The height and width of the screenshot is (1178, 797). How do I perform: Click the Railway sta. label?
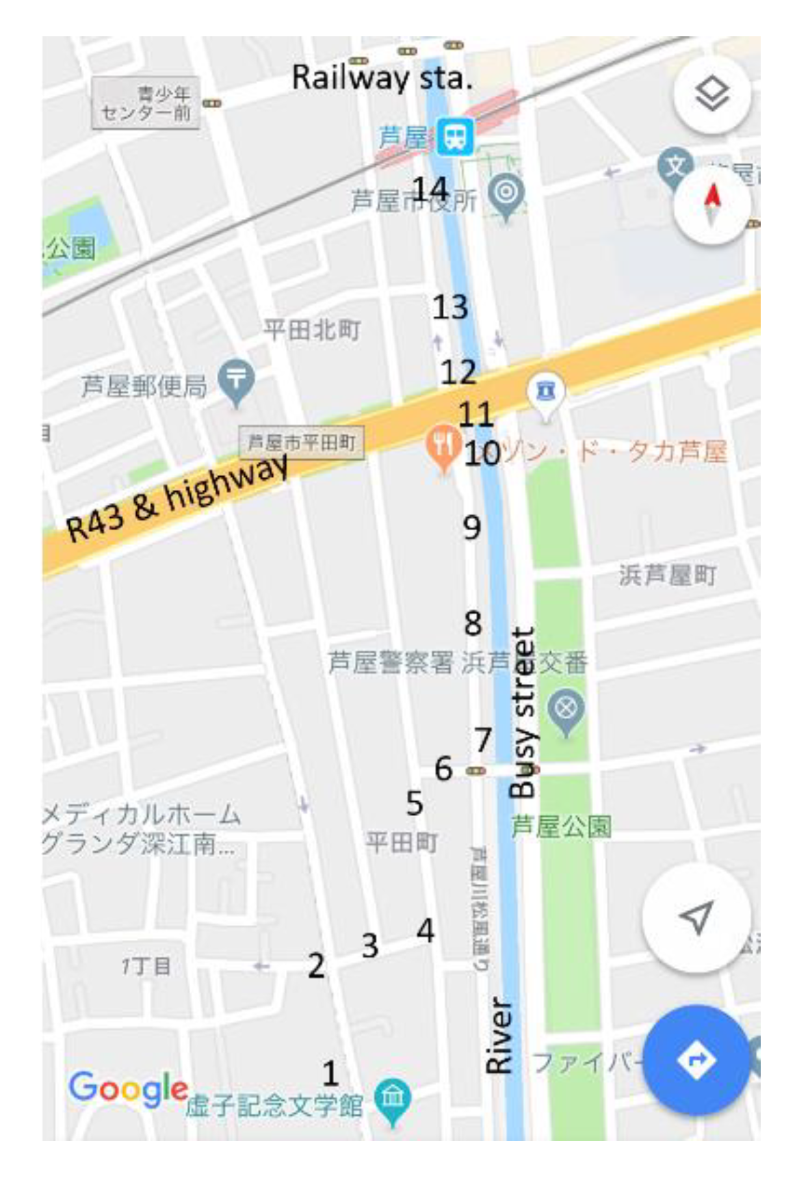click(381, 77)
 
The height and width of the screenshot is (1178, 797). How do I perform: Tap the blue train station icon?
click(455, 135)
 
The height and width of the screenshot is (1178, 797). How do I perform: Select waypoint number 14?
click(430, 189)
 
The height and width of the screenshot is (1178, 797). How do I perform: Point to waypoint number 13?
click(450, 307)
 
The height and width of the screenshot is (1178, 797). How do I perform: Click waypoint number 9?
click(472, 527)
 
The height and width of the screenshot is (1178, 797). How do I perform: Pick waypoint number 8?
click(473, 623)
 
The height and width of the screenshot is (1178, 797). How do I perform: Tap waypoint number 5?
click(414, 803)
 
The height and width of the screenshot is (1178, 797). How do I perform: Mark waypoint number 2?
click(316, 966)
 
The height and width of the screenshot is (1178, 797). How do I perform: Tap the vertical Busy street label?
click(523, 712)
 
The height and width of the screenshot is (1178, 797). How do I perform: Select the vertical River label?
click(499, 1035)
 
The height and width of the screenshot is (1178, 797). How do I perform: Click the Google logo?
click(128, 1088)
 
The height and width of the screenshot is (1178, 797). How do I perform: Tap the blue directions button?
click(696, 1060)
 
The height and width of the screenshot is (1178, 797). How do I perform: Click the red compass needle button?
click(711, 205)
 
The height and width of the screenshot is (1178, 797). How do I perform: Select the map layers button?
click(711, 94)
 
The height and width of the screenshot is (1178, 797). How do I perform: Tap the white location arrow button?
click(696, 917)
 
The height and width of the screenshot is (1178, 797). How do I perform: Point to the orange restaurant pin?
click(443, 446)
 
